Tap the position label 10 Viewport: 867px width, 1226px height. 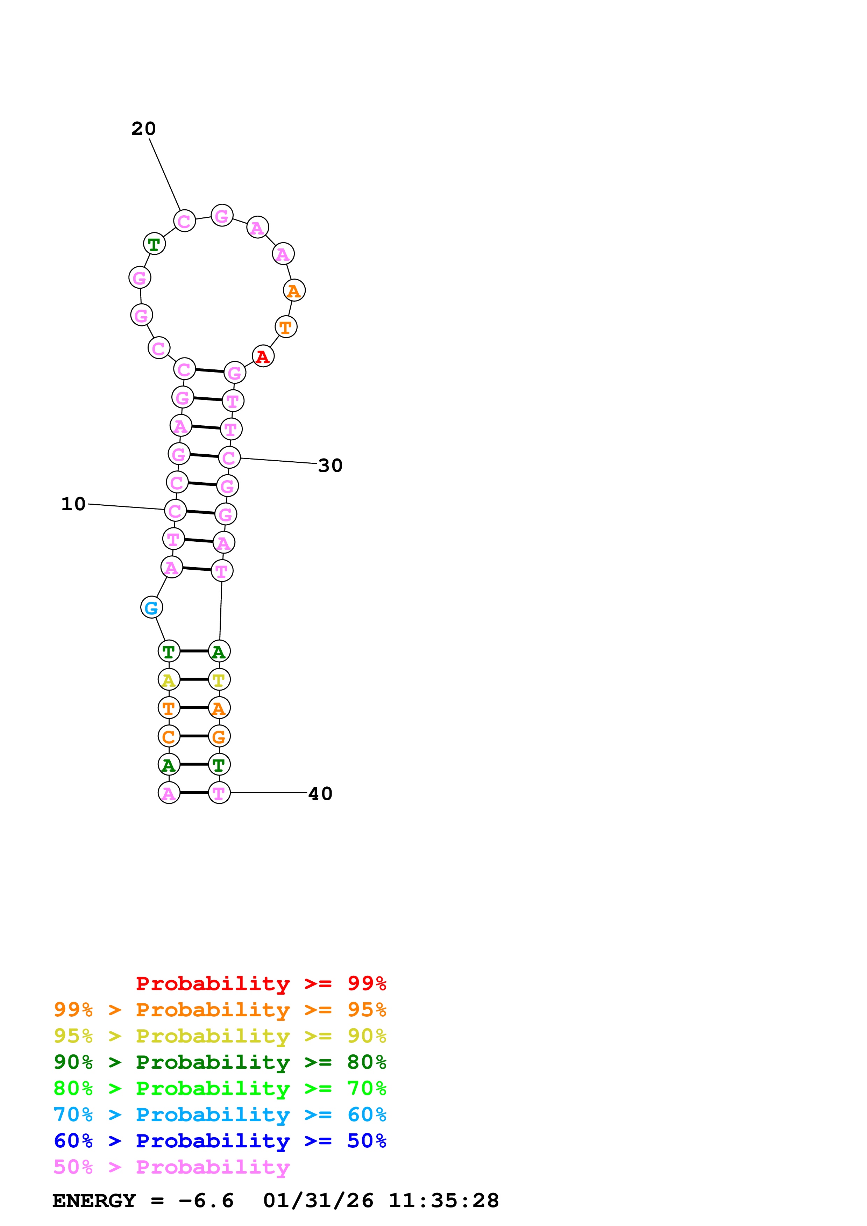[73, 504]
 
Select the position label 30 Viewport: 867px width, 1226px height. [330, 466]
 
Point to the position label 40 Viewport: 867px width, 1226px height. [320, 794]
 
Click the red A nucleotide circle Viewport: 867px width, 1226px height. [263, 357]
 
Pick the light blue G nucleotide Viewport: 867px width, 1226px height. [152, 608]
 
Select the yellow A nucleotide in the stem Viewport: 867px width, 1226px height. [169, 680]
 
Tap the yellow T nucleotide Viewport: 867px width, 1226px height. [219, 680]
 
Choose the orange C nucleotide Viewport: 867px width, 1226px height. [169, 736]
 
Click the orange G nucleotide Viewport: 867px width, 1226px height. [219, 736]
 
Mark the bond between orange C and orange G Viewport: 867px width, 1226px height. [194, 736]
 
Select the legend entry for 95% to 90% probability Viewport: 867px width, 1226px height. [220, 1037]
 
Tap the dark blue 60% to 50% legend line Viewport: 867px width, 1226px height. [220, 1141]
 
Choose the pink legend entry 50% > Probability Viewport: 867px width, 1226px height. [171, 1167]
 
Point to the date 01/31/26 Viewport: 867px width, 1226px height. [318, 1201]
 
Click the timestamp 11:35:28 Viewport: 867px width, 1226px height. [443, 1201]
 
